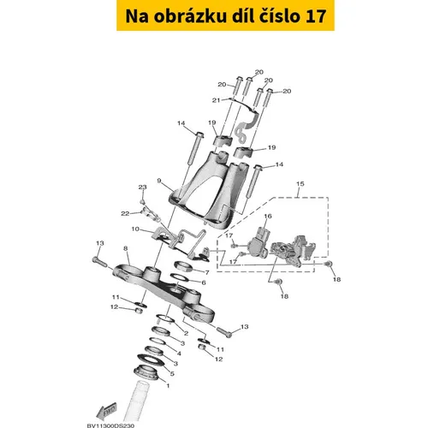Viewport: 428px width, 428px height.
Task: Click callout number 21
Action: pos(217,100)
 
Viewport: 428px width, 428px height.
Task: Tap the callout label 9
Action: pos(159,181)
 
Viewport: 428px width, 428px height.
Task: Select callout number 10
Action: pos(135,229)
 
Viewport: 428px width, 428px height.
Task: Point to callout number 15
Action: pos(300,184)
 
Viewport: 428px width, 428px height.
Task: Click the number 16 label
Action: pos(268,216)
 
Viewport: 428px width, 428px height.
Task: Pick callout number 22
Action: pos(125,213)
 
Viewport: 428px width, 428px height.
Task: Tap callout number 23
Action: pos(143,187)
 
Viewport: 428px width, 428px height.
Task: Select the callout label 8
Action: pos(126,248)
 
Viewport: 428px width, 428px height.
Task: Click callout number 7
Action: pos(207,272)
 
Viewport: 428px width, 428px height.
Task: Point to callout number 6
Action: pos(204,282)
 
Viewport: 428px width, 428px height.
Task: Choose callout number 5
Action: pos(172,373)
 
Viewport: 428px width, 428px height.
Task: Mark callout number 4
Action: pos(179,354)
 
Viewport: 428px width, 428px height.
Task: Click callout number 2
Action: pos(186,333)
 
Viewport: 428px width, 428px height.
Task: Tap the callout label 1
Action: pos(168,386)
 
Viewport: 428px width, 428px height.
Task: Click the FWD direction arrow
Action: pos(107,411)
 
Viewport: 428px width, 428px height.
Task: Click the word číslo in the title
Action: pos(281,16)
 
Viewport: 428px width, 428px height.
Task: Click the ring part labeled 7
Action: pos(183,266)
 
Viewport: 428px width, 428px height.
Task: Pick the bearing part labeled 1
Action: pos(146,372)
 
